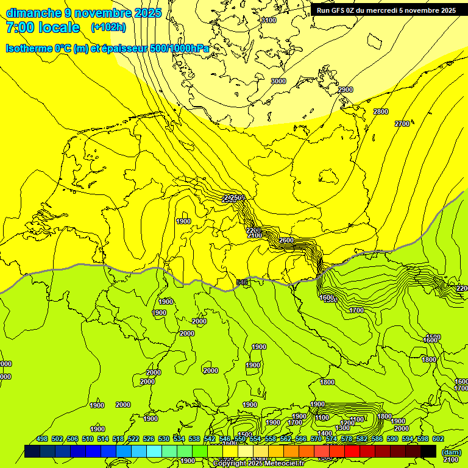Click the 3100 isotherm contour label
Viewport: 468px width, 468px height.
269,20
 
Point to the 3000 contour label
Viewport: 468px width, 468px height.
278,81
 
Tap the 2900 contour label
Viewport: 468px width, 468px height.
346,90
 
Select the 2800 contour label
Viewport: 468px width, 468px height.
381,112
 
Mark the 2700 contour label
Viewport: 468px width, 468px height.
402,124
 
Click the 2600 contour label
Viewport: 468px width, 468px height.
286,241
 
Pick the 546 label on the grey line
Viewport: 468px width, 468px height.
242,282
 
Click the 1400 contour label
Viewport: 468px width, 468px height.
325,433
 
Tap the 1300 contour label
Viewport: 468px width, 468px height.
342,428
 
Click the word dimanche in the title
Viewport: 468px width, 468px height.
32,13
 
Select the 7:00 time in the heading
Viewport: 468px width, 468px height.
21,27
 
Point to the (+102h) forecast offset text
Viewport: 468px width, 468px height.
108,27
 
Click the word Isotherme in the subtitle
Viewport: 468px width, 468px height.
29,48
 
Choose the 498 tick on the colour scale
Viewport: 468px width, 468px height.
42,439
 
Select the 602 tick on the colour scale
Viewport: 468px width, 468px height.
438,439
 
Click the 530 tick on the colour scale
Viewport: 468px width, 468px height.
164,439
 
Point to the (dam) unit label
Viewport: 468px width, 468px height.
451,453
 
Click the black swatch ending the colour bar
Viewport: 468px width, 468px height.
428,451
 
